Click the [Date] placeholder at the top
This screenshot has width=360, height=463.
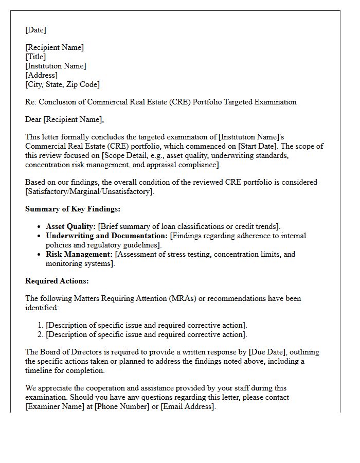coord(35,30)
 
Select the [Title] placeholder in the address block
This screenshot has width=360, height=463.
coord(35,57)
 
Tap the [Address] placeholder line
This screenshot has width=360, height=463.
coord(41,75)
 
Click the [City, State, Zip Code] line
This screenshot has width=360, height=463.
coord(62,84)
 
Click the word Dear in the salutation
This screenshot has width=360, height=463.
coord(33,119)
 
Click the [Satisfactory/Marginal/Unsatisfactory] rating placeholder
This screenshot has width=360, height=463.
coord(89,191)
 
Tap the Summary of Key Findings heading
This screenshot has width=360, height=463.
coord(73,209)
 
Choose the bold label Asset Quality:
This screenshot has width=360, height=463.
coord(71,226)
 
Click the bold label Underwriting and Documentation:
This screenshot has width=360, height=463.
coord(107,236)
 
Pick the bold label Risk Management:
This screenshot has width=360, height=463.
coord(79,254)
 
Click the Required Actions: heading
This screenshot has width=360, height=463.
coord(57,281)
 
